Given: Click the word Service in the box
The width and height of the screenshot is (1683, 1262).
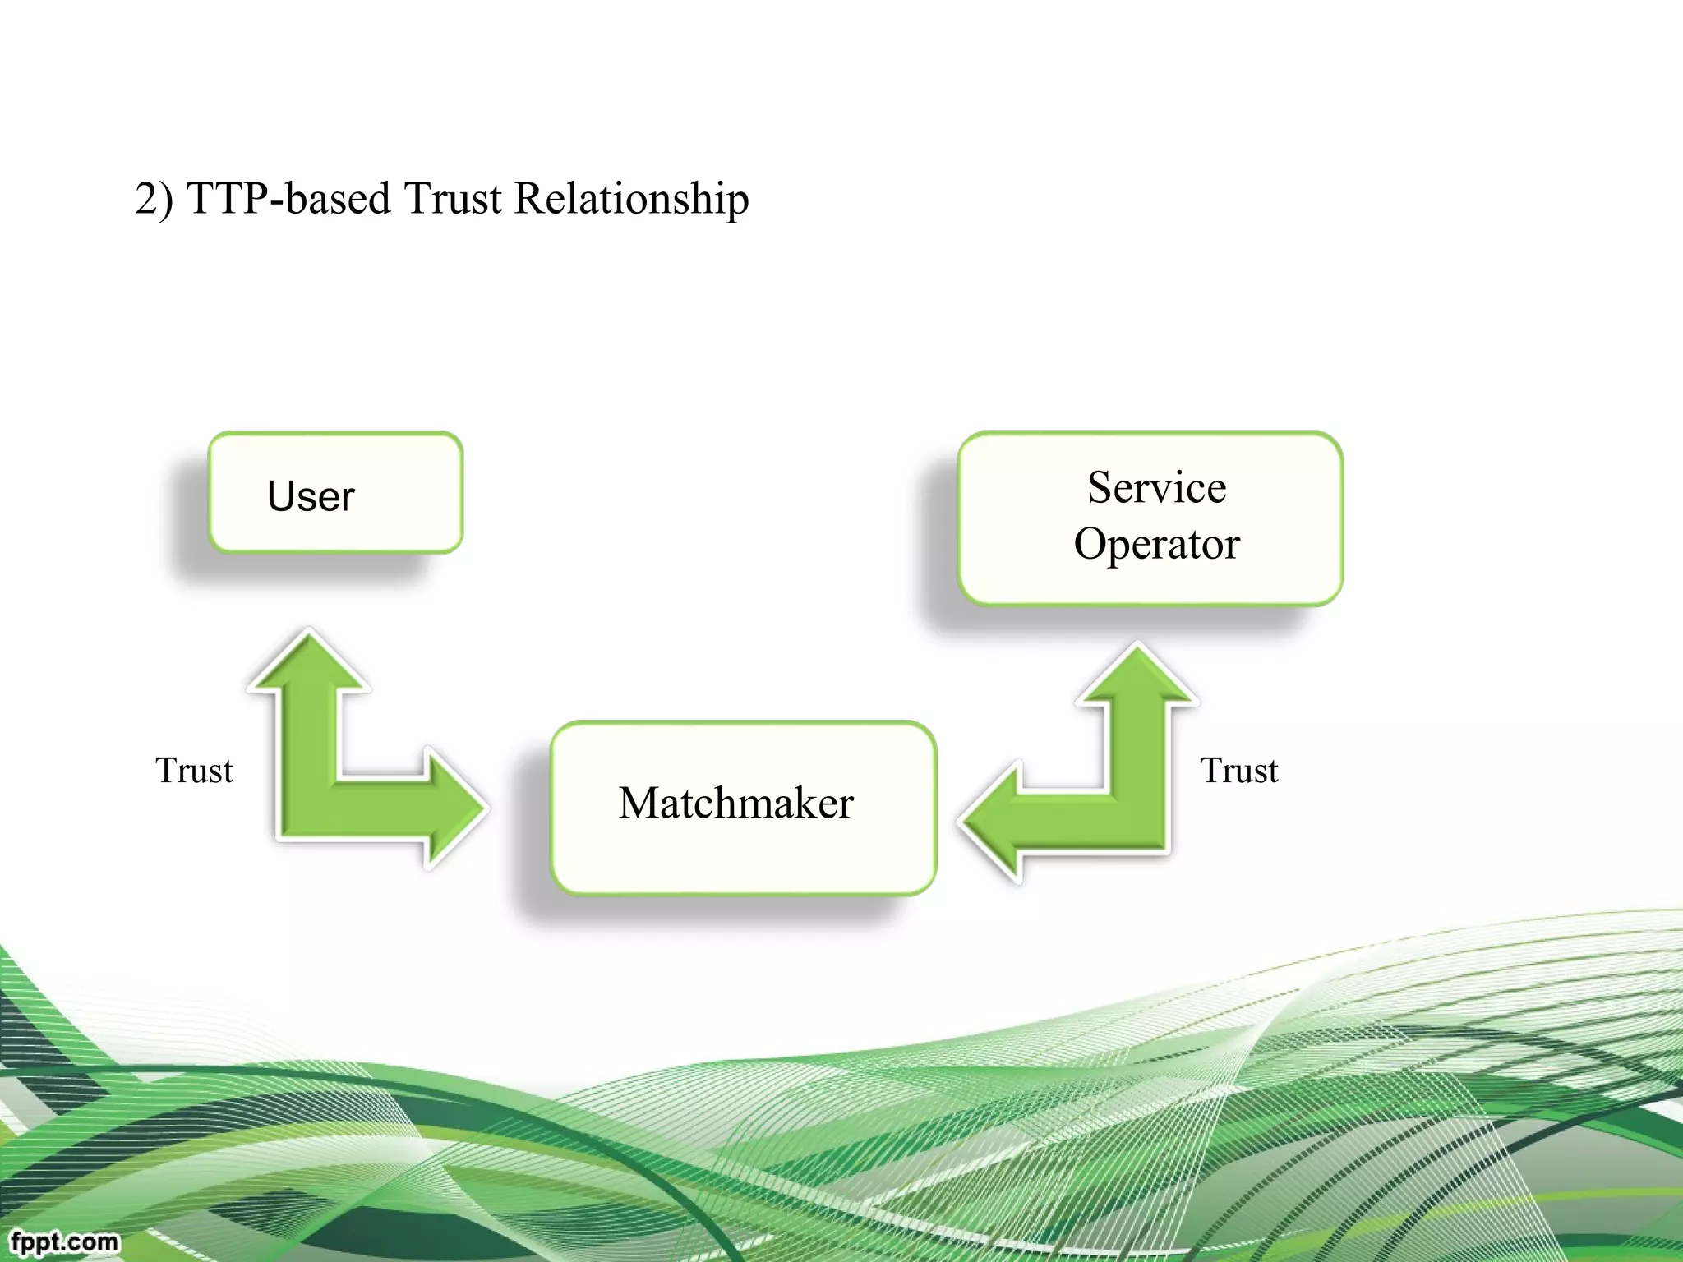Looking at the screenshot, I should point(1156,487).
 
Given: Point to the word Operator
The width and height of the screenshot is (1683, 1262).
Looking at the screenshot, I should point(1156,544).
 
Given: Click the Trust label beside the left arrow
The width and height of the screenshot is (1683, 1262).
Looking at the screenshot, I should point(194,771).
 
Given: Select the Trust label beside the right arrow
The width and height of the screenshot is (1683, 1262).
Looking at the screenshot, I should point(1238,771).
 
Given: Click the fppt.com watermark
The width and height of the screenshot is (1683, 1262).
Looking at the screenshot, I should point(64,1241).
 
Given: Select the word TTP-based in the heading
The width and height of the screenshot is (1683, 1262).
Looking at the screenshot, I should point(288,199).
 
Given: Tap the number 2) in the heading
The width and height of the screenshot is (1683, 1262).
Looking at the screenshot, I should point(154,199).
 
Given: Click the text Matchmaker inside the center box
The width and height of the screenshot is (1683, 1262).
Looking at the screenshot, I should point(736,803).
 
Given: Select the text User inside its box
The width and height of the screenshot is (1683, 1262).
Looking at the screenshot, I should point(311,496).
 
